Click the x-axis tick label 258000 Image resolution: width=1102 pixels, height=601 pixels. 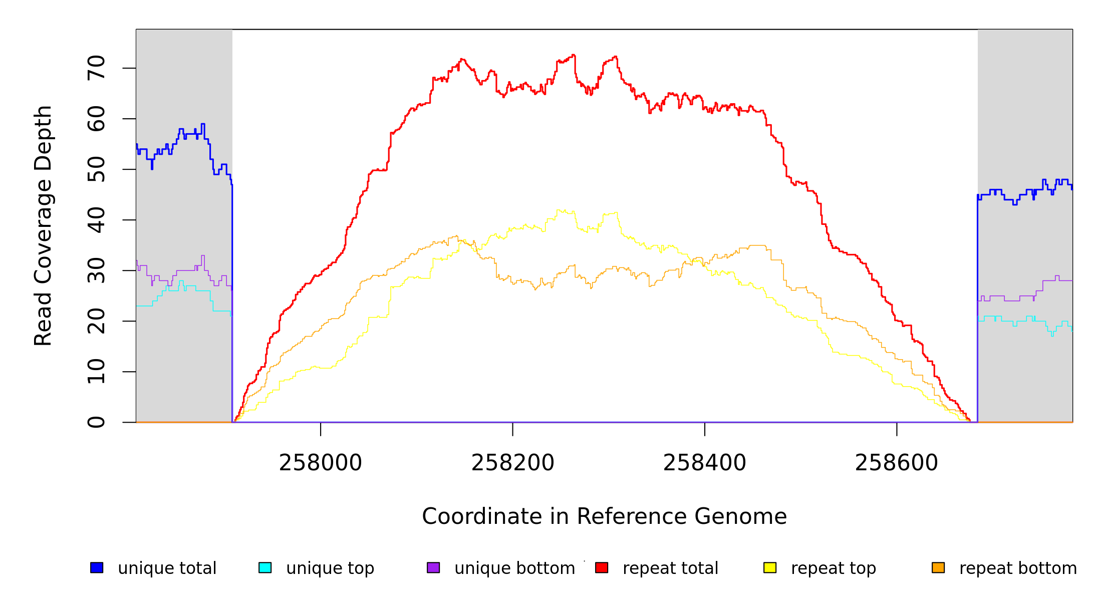[x=320, y=463]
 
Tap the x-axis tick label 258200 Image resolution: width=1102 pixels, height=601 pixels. [x=512, y=463]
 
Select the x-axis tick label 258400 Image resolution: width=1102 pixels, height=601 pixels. [x=704, y=463]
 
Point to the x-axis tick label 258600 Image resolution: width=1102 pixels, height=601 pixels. [x=896, y=463]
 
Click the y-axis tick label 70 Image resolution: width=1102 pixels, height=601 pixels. [x=97, y=68]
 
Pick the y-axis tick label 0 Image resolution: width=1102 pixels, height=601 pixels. [x=97, y=422]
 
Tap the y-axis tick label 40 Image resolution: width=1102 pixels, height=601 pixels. [x=97, y=220]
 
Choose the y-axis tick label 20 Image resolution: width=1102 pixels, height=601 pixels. [x=97, y=321]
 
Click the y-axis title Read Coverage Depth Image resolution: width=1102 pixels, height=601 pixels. [x=43, y=225]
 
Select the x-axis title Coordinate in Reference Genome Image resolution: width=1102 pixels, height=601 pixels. [x=604, y=517]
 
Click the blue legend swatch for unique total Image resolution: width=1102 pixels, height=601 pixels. [x=97, y=568]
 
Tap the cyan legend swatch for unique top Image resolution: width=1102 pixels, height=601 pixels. [x=265, y=568]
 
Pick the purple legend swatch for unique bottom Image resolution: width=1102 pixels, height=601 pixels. [x=433, y=568]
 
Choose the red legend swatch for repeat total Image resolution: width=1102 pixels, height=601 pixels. [x=602, y=568]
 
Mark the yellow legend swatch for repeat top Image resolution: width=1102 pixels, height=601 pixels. [x=770, y=568]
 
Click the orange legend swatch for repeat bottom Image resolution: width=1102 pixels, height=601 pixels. [x=938, y=568]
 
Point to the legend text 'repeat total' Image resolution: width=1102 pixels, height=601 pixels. [x=670, y=568]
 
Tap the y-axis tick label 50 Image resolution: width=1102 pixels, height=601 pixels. [x=97, y=169]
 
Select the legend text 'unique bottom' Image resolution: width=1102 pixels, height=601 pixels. [x=514, y=568]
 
